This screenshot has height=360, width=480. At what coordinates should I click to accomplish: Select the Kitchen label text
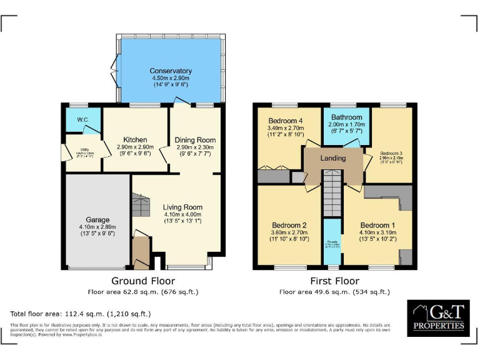135,139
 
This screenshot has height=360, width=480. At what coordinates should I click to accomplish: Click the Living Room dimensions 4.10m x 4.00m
182,214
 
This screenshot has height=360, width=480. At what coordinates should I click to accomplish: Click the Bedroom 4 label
286,121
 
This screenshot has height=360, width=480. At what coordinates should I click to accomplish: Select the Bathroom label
347,117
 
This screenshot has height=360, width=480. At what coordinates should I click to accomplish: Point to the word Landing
333,158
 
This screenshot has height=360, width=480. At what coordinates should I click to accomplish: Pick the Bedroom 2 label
289,225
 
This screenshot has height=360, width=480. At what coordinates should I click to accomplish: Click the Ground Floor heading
142,281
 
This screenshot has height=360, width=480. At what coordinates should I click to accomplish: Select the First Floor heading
334,281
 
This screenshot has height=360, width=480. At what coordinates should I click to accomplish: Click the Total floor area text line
81,313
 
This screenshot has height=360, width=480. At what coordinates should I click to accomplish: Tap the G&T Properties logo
439,319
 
